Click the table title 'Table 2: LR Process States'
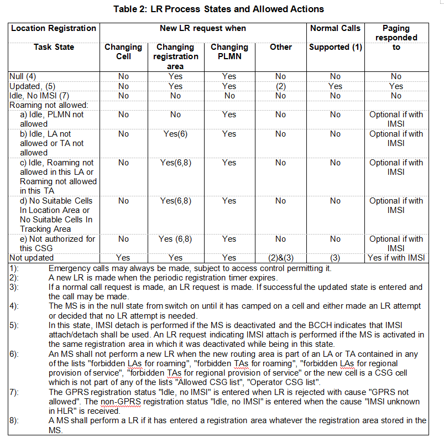click(218, 9)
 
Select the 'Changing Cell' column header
click(123, 51)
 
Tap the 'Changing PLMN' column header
click(229, 51)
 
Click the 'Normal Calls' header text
click(335, 28)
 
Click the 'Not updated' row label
click(32, 258)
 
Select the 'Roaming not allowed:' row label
click(49, 105)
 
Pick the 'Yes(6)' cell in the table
click(175, 134)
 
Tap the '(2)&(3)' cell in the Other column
click(280, 258)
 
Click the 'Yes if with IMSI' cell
click(396, 258)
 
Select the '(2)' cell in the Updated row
click(280, 86)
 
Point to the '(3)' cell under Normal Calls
click(335, 258)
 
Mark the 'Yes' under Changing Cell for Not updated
click(123, 258)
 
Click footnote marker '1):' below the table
click(14, 268)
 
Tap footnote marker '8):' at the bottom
click(14, 420)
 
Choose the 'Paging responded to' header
click(396, 38)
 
